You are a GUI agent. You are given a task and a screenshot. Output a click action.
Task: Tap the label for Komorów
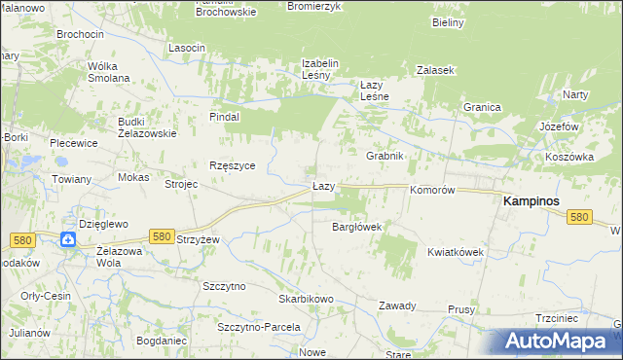[x=432, y=191]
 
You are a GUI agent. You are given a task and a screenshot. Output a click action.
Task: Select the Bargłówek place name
[x=356, y=227]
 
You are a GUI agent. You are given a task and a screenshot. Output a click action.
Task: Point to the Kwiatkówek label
[x=455, y=252]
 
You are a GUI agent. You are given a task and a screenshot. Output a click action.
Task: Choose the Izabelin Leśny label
[x=319, y=69]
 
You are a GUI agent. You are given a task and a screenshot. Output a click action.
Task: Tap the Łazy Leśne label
[x=375, y=90]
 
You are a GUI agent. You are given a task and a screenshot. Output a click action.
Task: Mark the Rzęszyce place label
[x=232, y=165]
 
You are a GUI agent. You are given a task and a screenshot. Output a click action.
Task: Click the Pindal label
[x=224, y=117]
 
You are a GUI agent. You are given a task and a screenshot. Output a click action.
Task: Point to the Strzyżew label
[x=200, y=239]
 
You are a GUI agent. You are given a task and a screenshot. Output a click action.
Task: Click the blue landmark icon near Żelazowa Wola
[x=68, y=239]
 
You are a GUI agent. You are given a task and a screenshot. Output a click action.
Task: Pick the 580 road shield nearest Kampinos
[x=580, y=218]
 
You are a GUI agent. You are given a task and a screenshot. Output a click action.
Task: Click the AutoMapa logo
[x=562, y=341]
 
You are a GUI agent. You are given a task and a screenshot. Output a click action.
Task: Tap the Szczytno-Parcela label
[x=258, y=327]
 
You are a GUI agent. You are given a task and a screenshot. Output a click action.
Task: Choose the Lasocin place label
[x=186, y=48]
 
